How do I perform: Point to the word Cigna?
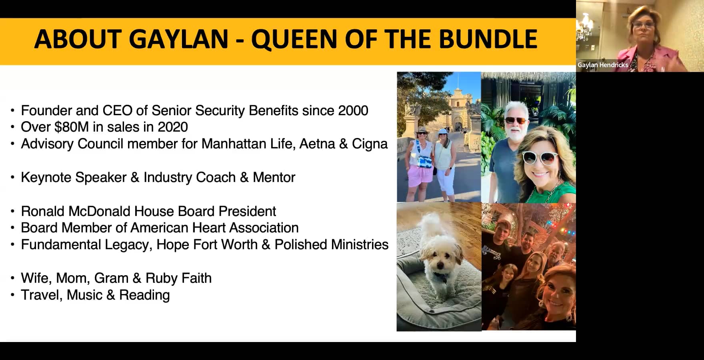370,144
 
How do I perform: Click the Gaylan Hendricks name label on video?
602,65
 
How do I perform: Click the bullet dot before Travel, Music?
13,295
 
